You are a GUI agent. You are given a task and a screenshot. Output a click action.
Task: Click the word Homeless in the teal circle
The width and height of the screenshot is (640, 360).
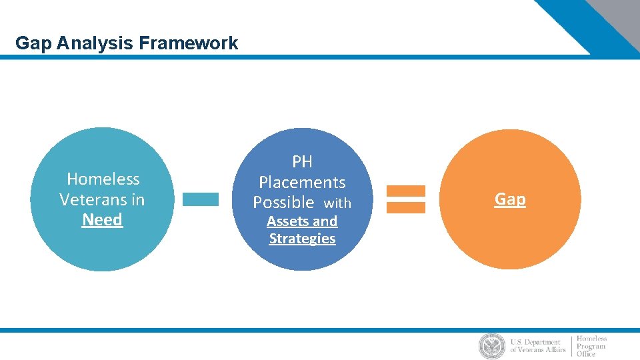pos(103,179)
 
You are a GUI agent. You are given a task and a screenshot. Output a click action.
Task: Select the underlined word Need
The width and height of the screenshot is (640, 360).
pos(102,220)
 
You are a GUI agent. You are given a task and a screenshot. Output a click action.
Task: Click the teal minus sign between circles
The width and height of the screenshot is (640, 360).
pos(200,199)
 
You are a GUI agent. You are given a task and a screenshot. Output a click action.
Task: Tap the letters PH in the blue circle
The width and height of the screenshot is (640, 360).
pos(302,162)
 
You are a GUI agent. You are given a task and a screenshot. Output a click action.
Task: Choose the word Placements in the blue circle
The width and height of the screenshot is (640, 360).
pos(302,182)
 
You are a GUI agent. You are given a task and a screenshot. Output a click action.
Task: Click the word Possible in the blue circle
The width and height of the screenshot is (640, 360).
pos(283,202)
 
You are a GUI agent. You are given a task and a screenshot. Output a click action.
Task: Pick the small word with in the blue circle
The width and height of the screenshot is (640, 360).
pos(337,203)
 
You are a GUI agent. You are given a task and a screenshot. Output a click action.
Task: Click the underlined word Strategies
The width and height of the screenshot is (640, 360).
pos(302,239)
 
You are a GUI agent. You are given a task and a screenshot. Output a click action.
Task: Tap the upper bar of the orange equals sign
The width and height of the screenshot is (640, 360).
pos(405,191)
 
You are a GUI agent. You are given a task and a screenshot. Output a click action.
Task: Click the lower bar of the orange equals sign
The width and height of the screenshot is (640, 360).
pos(405,207)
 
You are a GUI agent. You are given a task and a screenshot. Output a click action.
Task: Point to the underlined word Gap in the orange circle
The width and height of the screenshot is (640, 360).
pos(510,199)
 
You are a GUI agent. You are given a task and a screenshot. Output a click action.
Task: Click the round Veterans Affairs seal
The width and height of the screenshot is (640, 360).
pos(492,346)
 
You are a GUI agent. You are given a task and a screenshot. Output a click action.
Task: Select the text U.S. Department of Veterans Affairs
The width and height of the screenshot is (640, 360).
pos(537,346)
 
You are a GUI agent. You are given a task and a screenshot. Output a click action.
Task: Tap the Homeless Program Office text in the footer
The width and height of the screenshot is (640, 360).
pos(591,346)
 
